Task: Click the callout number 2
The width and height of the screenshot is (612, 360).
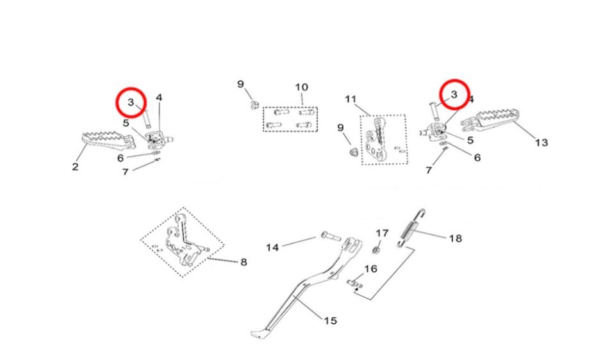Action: pos(76,167)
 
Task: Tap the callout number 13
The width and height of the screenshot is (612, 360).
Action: pos(542,143)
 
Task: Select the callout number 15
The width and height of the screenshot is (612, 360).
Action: pos(330,321)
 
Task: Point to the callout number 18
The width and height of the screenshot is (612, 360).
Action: pos(456,238)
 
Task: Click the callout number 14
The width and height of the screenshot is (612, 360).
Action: pos(272,247)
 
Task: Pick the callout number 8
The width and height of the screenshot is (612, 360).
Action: pos(244,262)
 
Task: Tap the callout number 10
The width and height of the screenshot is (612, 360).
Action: pos(301,87)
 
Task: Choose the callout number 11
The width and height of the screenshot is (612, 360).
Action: pos(351,99)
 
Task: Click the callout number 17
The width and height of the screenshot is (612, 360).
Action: pos(382,233)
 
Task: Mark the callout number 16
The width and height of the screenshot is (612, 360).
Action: pos(371,269)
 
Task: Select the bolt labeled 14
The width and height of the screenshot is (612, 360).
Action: pos(331,236)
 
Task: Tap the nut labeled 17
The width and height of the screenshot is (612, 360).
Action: pos(377,249)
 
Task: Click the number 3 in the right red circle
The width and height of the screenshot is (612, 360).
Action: pos(454,94)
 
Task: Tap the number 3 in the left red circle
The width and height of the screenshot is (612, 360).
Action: pos(131,102)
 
